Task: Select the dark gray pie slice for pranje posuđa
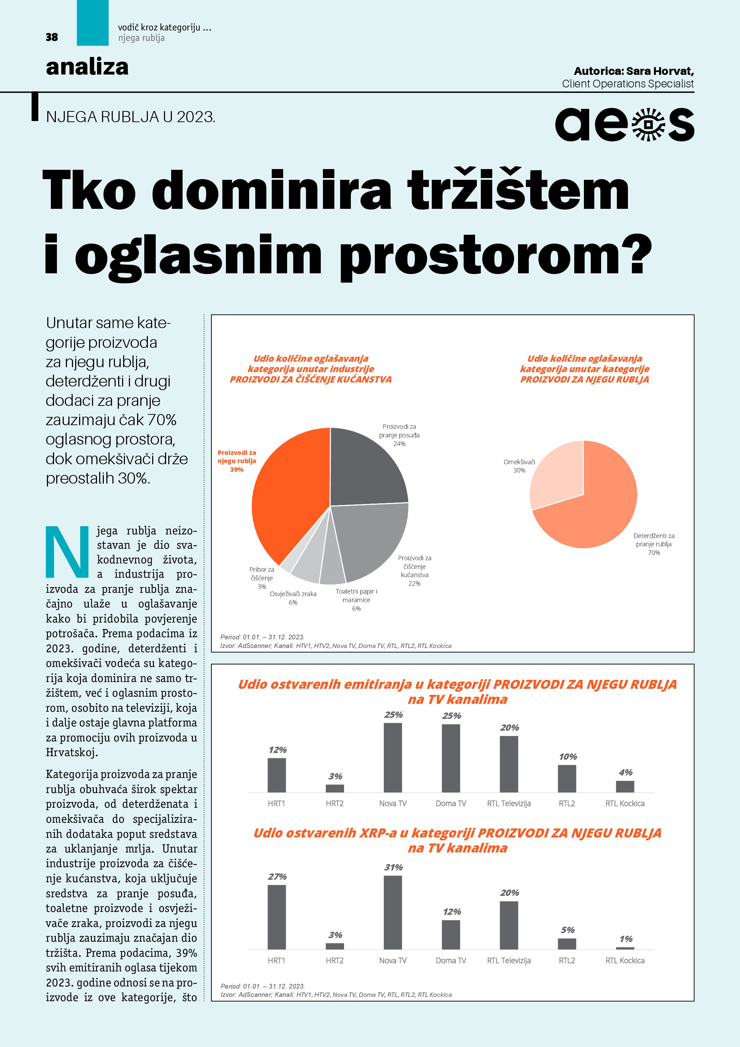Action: (364, 470)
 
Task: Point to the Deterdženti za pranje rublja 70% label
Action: (654, 544)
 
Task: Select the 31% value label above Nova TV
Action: (393, 867)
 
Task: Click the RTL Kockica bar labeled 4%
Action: (625, 787)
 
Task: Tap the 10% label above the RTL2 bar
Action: (568, 757)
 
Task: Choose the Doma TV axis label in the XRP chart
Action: (451, 960)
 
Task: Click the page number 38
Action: (52, 37)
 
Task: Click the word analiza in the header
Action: (87, 67)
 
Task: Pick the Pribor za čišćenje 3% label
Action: (262, 578)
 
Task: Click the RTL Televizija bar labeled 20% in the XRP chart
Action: (509, 925)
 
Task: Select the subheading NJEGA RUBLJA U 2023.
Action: (130, 117)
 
